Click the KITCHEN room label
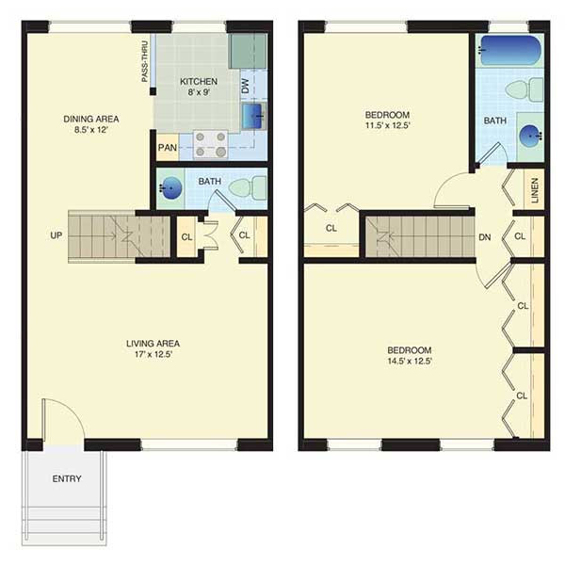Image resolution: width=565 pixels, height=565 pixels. tap(199, 81)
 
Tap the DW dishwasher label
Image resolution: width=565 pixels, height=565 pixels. tap(245, 86)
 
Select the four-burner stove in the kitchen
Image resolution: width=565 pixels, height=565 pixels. tap(211, 144)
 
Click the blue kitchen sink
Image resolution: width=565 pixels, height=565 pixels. tap(253, 116)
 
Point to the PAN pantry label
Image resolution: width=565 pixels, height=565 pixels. tap(168, 148)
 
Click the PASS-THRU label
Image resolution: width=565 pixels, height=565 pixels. tap(145, 61)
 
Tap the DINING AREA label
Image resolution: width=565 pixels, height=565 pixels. tap(91, 119)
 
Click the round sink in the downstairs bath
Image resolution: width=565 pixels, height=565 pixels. tap(170, 187)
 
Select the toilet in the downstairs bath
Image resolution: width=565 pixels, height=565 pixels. tap(248, 187)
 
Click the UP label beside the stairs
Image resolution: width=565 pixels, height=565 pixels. tap(56, 235)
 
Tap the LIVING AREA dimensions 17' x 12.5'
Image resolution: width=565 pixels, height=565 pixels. tap(153, 354)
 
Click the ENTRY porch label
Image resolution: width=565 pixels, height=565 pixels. tap(67, 478)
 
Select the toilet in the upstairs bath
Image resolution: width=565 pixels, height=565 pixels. tap(525, 89)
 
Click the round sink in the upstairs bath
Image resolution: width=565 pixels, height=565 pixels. tap(531, 136)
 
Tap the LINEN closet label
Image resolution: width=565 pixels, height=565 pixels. tap(535, 190)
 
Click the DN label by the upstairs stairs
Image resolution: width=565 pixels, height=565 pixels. tap(485, 237)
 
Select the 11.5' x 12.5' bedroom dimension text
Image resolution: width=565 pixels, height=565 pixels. tap(388, 125)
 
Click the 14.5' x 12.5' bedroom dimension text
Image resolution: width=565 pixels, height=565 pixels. tap(410, 361)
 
